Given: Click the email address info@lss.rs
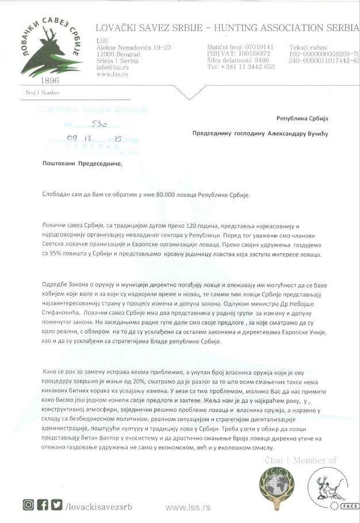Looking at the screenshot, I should (x=112, y=67).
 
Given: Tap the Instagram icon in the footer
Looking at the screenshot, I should (x=28, y=505).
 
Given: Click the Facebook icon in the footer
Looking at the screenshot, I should (x=42, y=505).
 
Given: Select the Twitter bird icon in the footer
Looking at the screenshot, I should (x=56, y=505).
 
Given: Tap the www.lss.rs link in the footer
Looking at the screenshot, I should (x=187, y=507).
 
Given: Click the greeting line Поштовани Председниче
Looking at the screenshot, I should (x=83, y=163).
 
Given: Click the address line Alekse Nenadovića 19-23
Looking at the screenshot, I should (x=133, y=47).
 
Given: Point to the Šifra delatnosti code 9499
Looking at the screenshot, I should (x=262, y=60).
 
